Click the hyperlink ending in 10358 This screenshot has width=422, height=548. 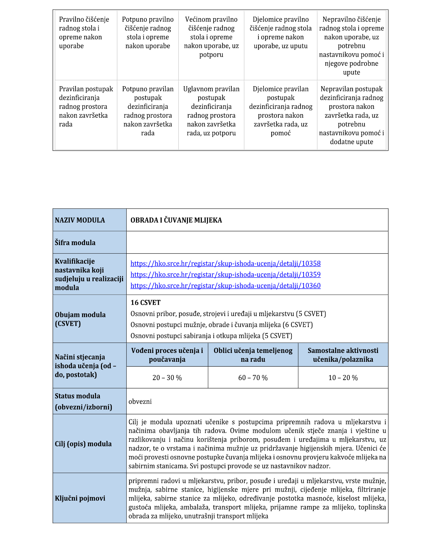click(225, 263)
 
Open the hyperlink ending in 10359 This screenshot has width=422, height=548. click(225, 275)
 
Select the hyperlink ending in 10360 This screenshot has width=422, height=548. click(225, 286)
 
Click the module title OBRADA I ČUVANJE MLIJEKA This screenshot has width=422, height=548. click(176, 220)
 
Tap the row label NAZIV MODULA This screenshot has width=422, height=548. click(80, 220)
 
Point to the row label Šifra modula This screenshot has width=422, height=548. click(75, 243)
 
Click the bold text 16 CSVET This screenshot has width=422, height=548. click(146, 303)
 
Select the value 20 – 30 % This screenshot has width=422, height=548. click(167, 378)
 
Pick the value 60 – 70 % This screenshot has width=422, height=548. click(253, 378)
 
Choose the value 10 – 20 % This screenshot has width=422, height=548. click(343, 378)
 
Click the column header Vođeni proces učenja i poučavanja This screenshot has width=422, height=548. click(167, 355)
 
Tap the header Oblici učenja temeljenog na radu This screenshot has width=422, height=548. click(253, 355)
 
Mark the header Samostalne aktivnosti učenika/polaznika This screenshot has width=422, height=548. click(343, 355)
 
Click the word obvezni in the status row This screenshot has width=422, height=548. click(140, 401)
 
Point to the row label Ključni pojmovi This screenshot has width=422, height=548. click(80, 498)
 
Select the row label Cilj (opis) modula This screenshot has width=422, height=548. click(83, 444)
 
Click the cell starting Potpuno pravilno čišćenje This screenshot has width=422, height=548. click(148, 33)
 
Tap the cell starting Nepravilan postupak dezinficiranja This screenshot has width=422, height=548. click(351, 115)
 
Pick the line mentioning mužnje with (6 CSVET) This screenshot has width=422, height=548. click(221, 325)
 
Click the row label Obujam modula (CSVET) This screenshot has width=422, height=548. click(80, 319)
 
